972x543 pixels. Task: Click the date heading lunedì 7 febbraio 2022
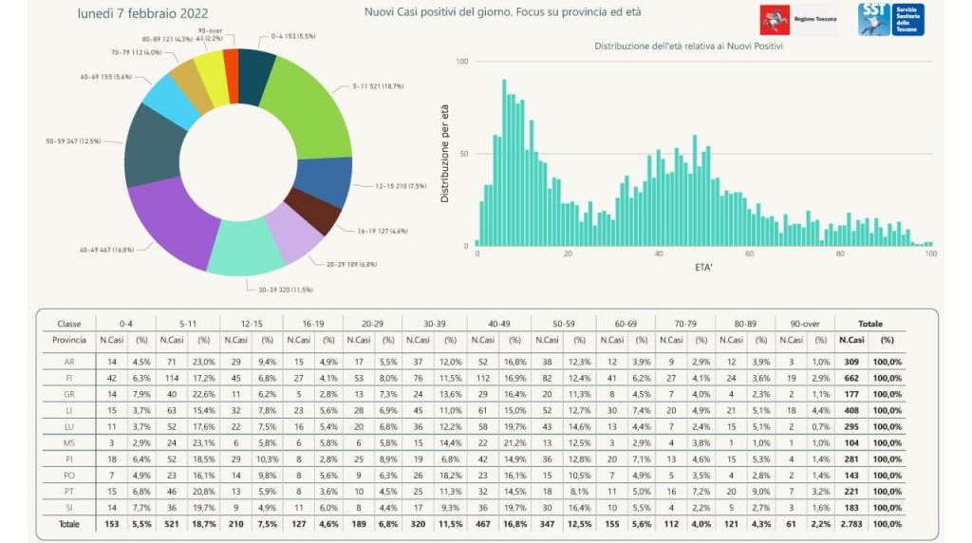pyautogui.click(x=142, y=12)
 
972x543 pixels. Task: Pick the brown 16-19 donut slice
pyautogui.click(x=313, y=211)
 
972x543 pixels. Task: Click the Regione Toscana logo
pyautogui.click(x=796, y=19)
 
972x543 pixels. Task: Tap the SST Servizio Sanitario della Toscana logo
pyautogui.click(x=890, y=19)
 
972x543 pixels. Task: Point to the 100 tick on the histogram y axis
pyautogui.click(x=462, y=62)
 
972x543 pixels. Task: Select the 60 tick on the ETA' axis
pyautogui.click(x=749, y=254)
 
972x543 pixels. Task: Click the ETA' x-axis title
pyautogui.click(x=703, y=268)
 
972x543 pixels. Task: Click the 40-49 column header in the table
pyautogui.click(x=498, y=324)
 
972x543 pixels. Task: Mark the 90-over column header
pyautogui.click(x=804, y=324)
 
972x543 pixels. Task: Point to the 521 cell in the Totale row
pyautogui.click(x=171, y=523)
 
